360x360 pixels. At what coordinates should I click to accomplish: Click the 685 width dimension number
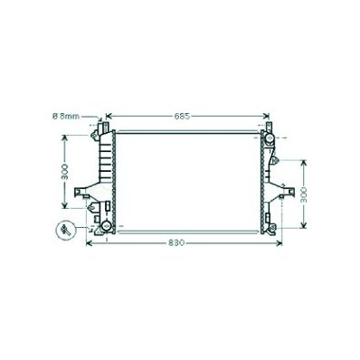click(x=182, y=116)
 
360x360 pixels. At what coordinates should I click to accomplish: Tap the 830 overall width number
click(x=176, y=243)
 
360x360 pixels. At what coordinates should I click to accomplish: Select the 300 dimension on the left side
click(x=65, y=172)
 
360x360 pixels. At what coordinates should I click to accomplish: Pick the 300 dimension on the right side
click(x=304, y=194)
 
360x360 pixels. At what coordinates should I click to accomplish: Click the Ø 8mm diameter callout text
click(x=66, y=116)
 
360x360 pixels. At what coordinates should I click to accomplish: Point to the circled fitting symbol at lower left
click(x=65, y=231)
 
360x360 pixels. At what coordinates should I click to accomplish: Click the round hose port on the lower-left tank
click(x=106, y=225)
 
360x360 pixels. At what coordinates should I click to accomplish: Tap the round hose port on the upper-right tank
click(x=269, y=138)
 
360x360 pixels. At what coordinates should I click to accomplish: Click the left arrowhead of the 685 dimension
click(x=109, y=116)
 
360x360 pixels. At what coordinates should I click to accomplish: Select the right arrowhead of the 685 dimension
click(x=266, y=116)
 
